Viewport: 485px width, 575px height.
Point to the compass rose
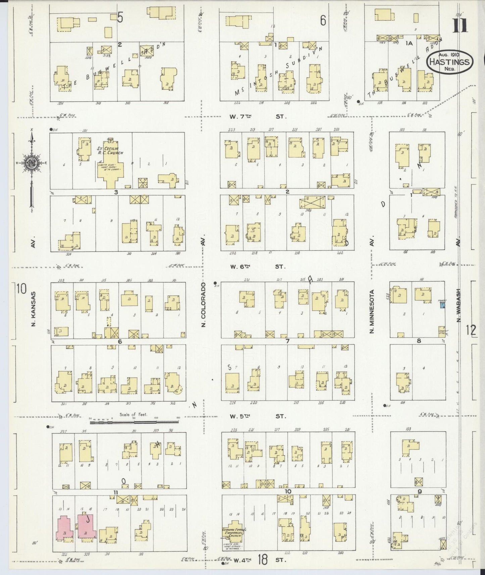tap(31, 163)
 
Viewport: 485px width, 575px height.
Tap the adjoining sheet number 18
tap(263, 559)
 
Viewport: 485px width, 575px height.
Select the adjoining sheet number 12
tap(471, 330)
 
